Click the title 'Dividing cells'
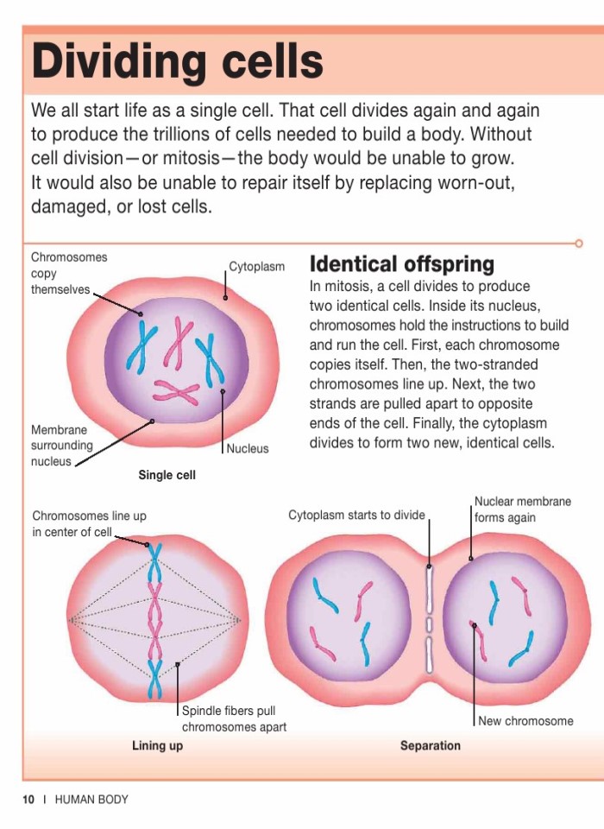178,62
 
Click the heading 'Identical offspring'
401,263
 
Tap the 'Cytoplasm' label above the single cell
256,268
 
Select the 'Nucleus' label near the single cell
248,449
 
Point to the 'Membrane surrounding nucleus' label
61,446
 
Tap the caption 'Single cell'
167,475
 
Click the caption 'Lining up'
157,745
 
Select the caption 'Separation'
430,745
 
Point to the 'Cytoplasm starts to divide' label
356,516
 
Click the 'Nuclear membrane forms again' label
522,509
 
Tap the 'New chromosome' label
525,721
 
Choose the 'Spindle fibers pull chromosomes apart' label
233,718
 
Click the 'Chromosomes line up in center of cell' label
89,523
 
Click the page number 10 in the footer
28,800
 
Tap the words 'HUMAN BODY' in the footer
91,800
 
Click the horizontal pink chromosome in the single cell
176,392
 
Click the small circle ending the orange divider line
579,244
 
